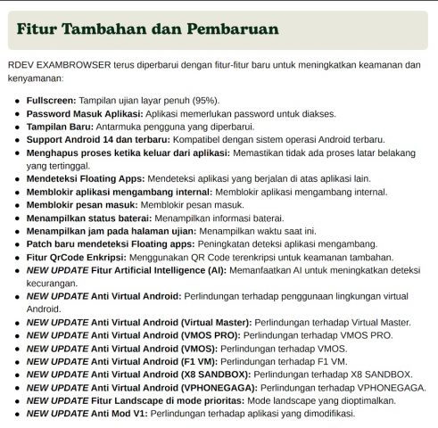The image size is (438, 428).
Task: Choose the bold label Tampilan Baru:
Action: [x=63, y=129]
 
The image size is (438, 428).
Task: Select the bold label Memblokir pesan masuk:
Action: [x=82, y=204]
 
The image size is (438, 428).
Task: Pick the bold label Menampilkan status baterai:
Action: [x=94, y=217]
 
